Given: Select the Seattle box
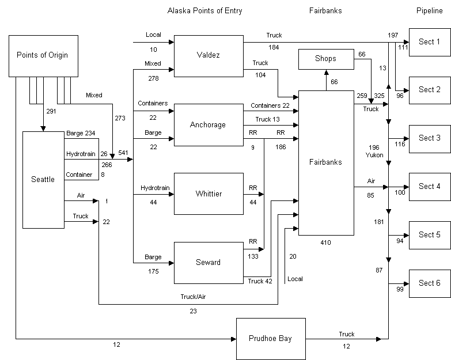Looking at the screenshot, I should pos(43,179).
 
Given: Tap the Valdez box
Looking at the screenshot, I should pos(208,56).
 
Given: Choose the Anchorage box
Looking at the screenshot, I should pos(208,124).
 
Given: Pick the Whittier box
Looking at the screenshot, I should pos(208,194).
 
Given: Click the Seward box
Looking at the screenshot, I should pos(208,263).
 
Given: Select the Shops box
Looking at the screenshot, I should pos(325,59).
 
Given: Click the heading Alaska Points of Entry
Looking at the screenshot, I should pos(204,11).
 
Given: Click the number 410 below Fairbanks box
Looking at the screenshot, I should pos(326,242).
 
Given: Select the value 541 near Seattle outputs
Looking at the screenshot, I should pos(123,153).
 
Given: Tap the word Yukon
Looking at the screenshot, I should pos(374,155).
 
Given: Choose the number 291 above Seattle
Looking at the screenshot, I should pos(51,112).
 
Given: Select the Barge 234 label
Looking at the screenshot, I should pos(81,133).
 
